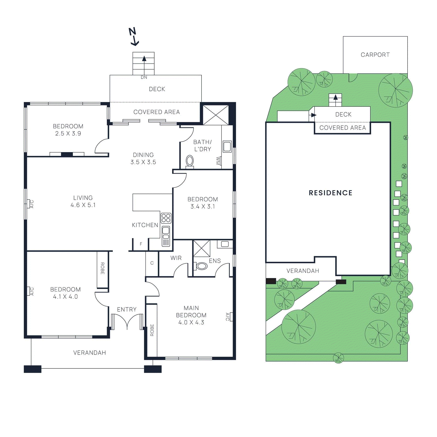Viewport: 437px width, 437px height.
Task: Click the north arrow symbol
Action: pos(134,37)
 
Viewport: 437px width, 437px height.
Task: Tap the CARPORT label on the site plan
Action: pos(375,55)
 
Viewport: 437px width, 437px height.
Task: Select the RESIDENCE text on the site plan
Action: pos(330,193)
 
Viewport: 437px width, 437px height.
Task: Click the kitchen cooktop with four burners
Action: pos(166,218)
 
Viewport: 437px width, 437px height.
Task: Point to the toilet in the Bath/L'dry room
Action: pos(190,161)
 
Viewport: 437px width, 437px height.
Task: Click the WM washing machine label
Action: pos(218,161)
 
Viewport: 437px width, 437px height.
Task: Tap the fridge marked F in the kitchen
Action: pos(141,244)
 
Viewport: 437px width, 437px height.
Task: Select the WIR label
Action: pos(176,258)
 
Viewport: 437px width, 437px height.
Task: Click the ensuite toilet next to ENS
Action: pos(202,266)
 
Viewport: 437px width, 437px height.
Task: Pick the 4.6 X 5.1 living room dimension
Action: pos(83,205)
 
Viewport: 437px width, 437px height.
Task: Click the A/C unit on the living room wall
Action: pos(28,204)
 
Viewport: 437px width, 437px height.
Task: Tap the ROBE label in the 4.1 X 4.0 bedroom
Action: pos(102,268)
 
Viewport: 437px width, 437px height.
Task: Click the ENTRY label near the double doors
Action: pos(127,309)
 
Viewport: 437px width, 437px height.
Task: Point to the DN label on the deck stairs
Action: pos(144,78)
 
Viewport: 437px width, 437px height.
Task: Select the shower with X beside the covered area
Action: pos(216,115)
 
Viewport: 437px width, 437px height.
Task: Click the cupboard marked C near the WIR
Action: pos(152,263)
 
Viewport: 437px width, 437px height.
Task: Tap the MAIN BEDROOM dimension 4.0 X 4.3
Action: pos(191,323)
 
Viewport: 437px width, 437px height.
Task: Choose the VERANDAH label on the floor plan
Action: pos(90,353)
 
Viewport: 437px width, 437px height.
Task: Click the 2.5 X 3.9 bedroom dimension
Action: pos(68,134)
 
